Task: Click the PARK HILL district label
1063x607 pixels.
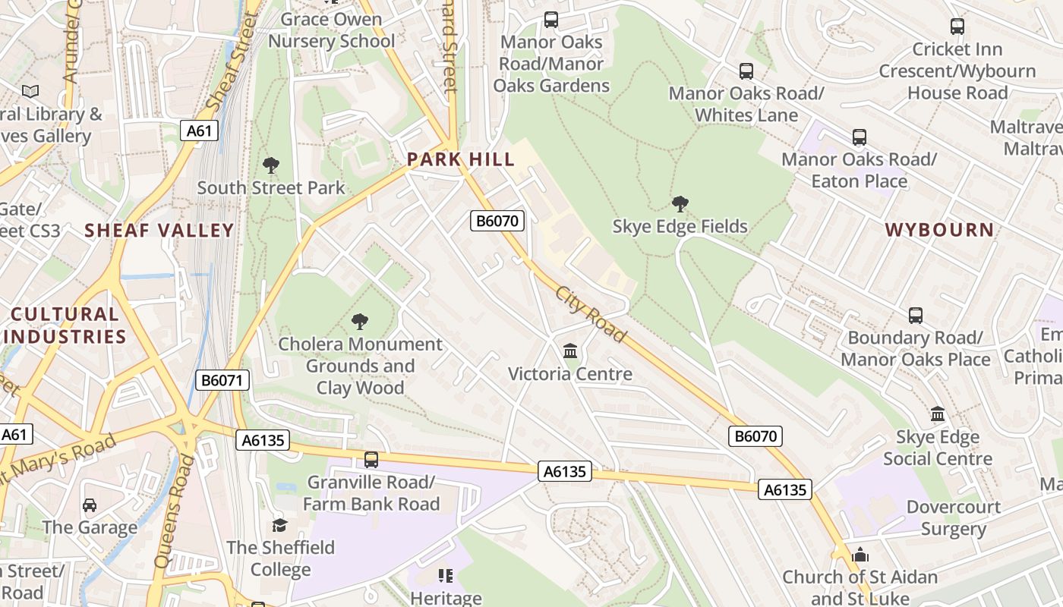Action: point(460,159)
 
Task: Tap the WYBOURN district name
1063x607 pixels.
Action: point(939,230)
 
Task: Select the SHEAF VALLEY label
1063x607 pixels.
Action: point(159,230)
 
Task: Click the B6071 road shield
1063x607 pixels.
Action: point(222,380)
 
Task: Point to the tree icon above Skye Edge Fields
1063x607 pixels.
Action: point(680,203)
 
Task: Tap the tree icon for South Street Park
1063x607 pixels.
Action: point(270,165)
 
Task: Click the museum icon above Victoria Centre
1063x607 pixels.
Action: point(570,351)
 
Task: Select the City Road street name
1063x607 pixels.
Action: point(590,314)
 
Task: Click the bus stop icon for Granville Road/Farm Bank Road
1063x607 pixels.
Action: point(371,459)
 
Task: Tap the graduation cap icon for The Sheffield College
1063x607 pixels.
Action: point(280,525)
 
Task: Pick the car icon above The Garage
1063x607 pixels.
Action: point(90,505)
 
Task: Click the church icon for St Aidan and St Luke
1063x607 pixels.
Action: point(860,555)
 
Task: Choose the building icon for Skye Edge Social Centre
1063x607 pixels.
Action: point(938,414)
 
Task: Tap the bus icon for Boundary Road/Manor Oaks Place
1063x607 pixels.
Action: point(916,315)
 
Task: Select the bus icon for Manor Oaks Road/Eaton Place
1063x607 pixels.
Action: point(859,137)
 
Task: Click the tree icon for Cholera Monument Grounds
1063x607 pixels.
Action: point(360,322)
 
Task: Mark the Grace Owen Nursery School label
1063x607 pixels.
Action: point(331,30)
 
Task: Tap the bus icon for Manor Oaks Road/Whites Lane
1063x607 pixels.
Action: point(746,71)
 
